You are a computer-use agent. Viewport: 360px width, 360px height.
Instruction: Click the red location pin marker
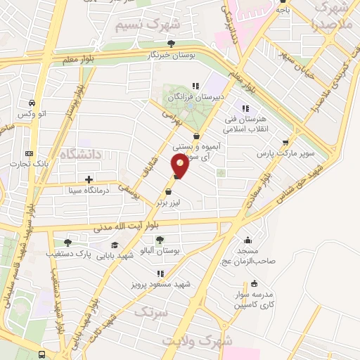coord(180,166)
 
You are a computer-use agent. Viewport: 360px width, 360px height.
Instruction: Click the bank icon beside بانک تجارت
coord(29,153)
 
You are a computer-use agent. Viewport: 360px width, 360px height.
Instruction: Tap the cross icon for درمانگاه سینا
coord(89,179)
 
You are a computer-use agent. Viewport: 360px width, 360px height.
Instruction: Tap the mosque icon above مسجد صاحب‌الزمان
coord(247,239)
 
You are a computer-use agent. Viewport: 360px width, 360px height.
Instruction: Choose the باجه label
coord(282,10)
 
